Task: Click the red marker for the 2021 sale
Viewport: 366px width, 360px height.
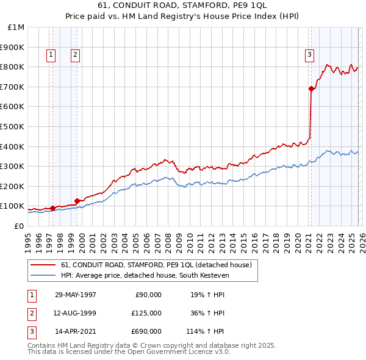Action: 311,89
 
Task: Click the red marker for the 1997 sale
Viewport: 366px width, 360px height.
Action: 53,208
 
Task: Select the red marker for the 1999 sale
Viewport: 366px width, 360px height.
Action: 77,201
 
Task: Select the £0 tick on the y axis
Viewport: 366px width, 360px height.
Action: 19,226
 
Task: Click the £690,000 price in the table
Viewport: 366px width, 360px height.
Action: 147,331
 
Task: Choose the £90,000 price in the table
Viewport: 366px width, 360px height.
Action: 149,295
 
